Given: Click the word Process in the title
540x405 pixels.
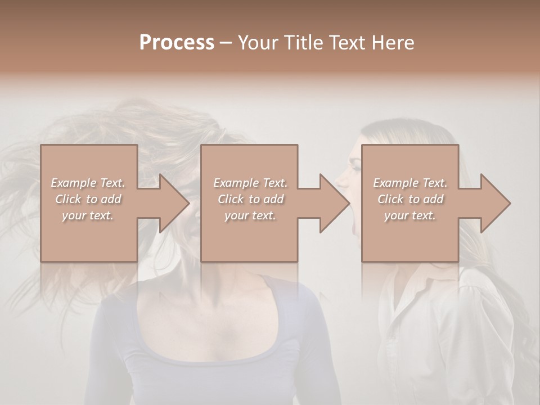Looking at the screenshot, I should coord(177,43).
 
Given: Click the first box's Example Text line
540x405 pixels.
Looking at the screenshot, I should coord(88,183).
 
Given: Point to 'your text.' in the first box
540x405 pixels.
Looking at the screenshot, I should coord(88,215).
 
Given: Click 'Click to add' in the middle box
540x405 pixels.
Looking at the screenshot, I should coord(250,199).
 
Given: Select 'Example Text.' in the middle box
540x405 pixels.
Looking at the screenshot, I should coord(250,183).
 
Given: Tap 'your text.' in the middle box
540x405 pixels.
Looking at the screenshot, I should coord(250,215).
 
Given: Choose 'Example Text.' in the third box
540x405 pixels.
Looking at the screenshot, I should coord(410,183).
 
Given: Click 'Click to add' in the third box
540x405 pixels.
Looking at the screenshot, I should coord(410,199).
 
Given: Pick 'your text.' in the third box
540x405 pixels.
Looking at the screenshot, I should coord(410,215).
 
